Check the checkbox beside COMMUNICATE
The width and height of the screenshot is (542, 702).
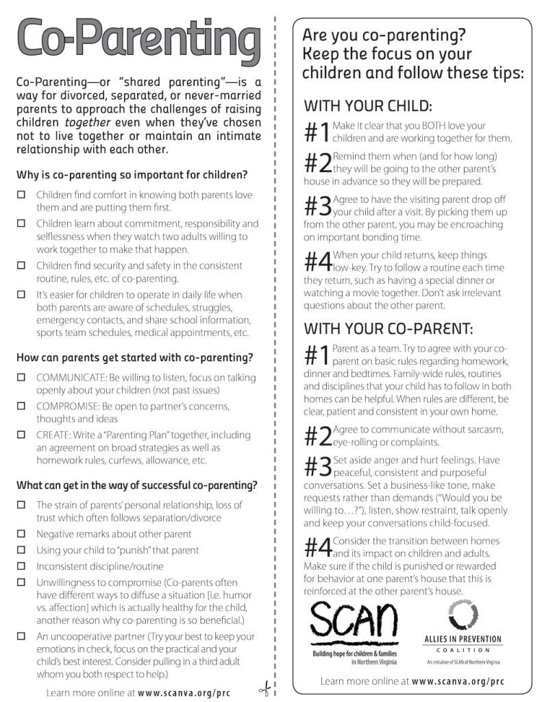click(x=21, y=378)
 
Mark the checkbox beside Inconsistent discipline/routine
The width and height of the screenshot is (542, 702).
click(x=21, y=566)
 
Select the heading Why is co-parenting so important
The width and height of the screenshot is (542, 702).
click(x=132, y=174)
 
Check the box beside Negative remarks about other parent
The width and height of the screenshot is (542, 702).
click(x=21, y=533)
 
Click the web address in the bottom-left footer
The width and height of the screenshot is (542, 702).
click(x=184, y=692)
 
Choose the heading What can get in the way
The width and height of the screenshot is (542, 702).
click(x=137, y=485)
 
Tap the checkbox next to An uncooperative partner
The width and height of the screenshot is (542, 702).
click(x=21, y=636)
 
